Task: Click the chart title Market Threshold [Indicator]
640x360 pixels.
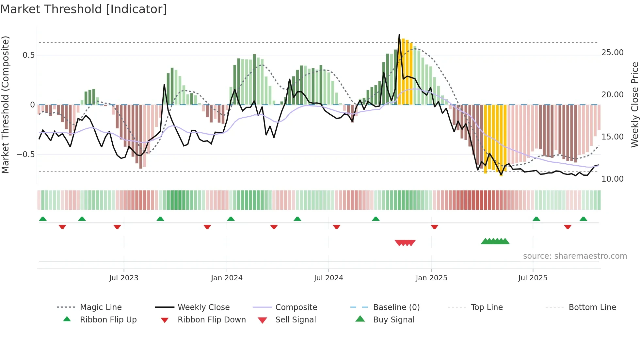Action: pyautogui.click(x=84, y=9)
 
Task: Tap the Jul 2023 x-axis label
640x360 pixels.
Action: pyautogui.click(x=124, y=278)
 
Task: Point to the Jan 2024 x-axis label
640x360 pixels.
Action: pyautogui.click(x=227, y=278)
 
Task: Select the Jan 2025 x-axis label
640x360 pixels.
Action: pyautogui.click(x=431, y=278)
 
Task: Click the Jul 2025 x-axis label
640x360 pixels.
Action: pyautogui.click(x=533, y=278)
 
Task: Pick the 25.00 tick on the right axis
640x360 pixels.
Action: pyautogui.click(x=612, y=53)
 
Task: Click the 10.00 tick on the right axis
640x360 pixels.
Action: pyautogui.click(x=612, y=179)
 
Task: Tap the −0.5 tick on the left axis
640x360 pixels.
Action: pyautogui.click(x=25, y=155)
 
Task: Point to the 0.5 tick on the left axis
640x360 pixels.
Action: pyautogui.click(x=28, y=55)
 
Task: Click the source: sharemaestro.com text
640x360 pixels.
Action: pyautogui.click(x=575, y=256)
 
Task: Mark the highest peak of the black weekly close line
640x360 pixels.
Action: pyautogui.click(x=399, y=34)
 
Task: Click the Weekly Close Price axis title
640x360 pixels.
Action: pyautogui.click(x=634, y=105)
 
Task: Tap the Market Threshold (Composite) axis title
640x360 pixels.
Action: pyautogui.click(x=5, y=105)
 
